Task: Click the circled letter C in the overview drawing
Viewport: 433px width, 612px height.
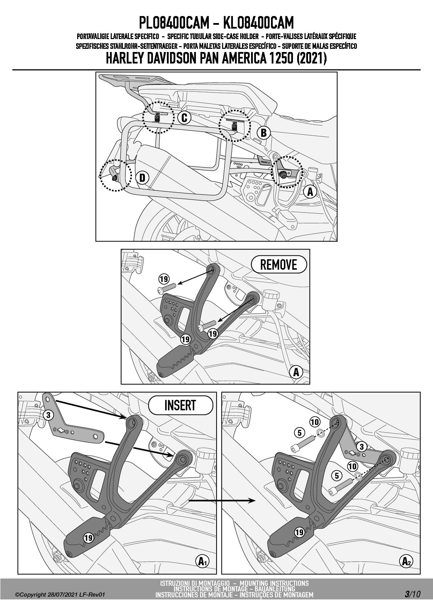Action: tap(184, 118)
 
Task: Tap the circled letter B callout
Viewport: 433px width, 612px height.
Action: tap(264, 133)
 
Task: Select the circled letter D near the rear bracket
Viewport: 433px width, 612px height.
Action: tap(142, 178)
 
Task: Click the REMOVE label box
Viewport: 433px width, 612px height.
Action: tap(279, 264)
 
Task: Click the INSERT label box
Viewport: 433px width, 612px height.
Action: tap(181, 405)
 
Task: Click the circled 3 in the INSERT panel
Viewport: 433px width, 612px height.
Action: tap(48, 415)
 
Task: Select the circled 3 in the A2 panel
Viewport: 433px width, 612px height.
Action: tap(361, 447)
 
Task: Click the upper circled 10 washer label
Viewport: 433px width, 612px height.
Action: tap(315, 422)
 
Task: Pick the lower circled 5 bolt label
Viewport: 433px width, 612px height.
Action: tap(337, 476)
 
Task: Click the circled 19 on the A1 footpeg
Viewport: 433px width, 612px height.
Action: tap(88, 538)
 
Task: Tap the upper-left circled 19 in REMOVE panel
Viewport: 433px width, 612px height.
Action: tap(164, 279)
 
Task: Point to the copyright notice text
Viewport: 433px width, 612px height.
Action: tap(60, 595)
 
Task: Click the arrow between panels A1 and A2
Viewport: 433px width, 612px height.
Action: tap(221, 501)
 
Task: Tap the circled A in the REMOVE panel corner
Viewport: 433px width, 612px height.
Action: tap(296, 372)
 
